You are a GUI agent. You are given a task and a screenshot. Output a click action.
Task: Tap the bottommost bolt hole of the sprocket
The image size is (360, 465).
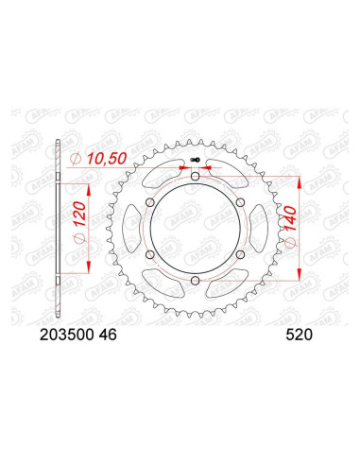click(x=195, y=281)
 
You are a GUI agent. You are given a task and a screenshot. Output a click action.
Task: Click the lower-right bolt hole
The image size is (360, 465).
click(x=240, y=254)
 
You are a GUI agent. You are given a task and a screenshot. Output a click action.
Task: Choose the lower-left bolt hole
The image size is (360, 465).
click(x=149, y=254)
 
